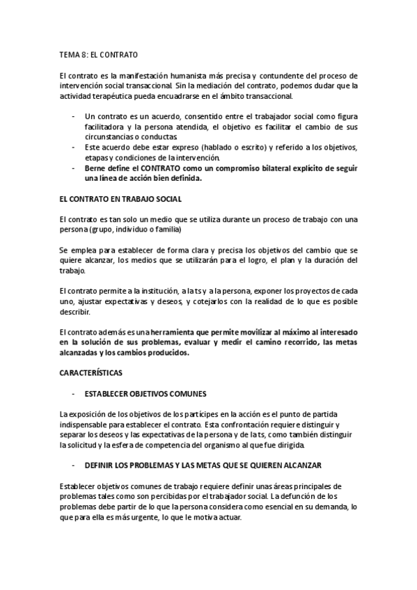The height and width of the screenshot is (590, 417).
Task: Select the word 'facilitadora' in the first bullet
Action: click(x=105, y=128)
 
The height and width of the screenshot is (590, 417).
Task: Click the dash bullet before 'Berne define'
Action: click(x=74, y=168)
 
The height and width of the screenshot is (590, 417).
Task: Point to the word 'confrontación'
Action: click(x=237, y=424)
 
